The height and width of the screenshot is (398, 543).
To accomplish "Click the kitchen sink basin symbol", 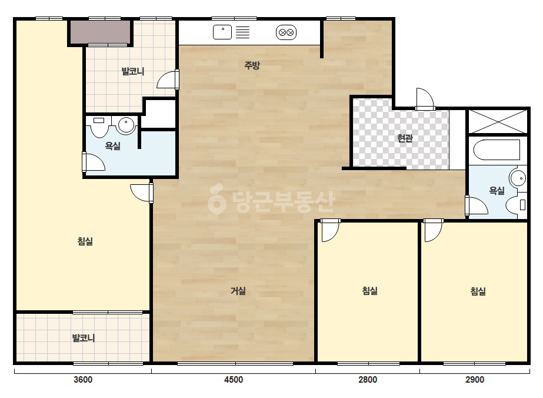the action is pos(222,32).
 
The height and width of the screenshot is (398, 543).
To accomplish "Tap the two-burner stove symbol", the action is pos(286,32).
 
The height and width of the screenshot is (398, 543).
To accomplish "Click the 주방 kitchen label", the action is pos(252,65).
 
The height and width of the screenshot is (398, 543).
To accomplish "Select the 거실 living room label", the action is pos(238,290).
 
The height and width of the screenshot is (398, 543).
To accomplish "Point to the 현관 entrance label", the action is pos(405,138).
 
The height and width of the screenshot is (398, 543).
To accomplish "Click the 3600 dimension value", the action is pos(83,380).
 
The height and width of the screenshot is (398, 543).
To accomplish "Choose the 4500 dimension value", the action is pos(234,380).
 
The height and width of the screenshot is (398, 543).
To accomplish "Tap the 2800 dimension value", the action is pos(368,380).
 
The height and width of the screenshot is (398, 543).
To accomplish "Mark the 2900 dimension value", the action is pos(474,380).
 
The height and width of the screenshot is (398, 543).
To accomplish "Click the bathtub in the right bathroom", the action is pos(497,150).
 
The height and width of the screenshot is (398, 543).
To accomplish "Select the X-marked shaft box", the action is pos(498,121).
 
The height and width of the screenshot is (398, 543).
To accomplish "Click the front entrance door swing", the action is pos(425,99).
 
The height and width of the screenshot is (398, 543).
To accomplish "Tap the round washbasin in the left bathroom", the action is pos(126,125).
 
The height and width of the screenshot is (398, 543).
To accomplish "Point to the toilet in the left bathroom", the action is pos(99,127).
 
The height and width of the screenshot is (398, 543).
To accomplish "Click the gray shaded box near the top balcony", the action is pos(101,32).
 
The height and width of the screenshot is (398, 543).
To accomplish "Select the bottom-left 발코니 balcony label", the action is pos(83,338).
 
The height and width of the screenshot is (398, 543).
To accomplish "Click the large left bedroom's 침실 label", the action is pos(85,241).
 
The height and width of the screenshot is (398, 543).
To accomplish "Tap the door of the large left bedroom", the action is pos(142,193).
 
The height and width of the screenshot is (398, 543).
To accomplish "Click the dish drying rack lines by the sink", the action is pos(243,32).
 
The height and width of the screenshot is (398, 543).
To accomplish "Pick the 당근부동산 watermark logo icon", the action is pos(216,198).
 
